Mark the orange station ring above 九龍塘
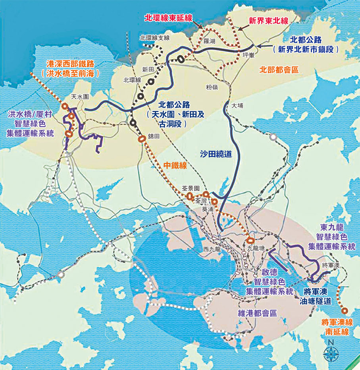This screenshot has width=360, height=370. [x=250, y=240]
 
